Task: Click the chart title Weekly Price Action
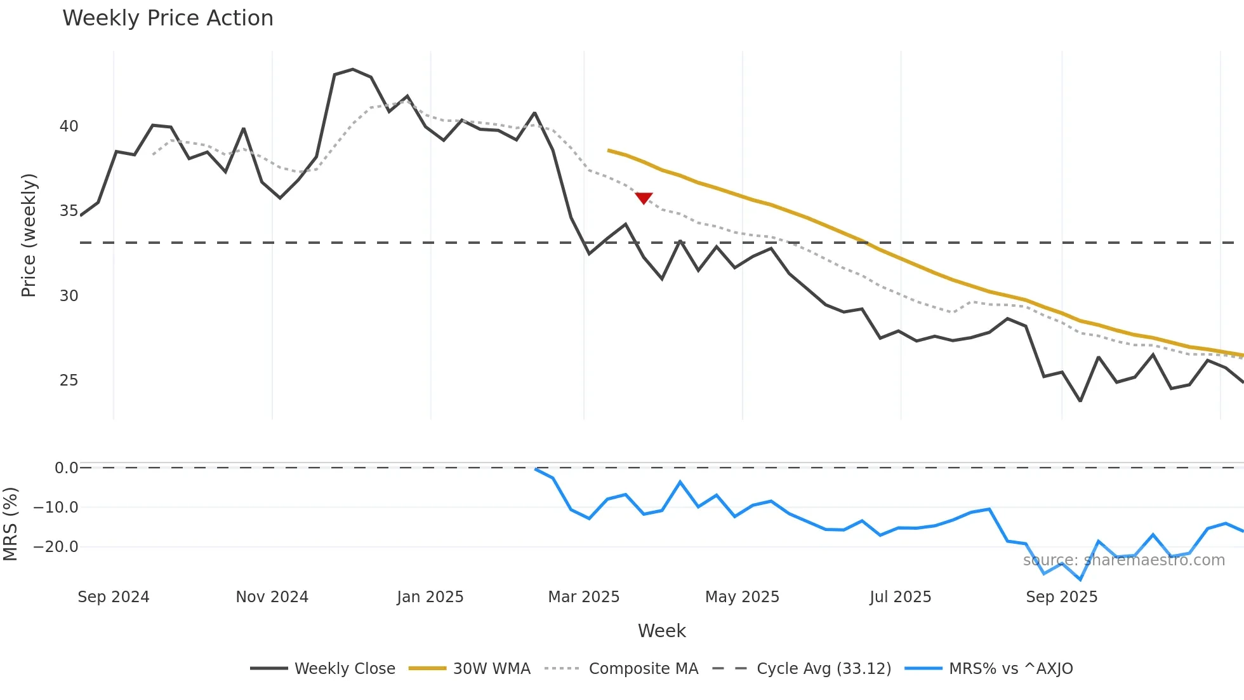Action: (x=168, y=18)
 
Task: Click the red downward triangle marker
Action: (x=644, y=198)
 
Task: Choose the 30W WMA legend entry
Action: (x=470, y=669)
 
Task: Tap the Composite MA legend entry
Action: (x=621, y=669)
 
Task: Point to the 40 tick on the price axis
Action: (x=69, y=126)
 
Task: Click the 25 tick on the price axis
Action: (x=69, y=380)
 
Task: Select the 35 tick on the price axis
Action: (x=69, y=211)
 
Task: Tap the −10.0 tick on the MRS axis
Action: (x=56, y=508)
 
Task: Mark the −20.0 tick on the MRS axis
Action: (x=56, y=547)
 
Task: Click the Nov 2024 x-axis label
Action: (x=272, y=597)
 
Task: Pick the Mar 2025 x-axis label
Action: (x=583, y=597)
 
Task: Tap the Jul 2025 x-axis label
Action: (x=900, y=597)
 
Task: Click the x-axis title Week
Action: (x=661, y=631)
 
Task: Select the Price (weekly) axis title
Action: (x=29, y=235)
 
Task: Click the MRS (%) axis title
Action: (x=10, y=524)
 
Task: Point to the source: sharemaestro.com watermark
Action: (x=1123, y=560)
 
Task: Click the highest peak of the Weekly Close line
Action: (x=353, y=69)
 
